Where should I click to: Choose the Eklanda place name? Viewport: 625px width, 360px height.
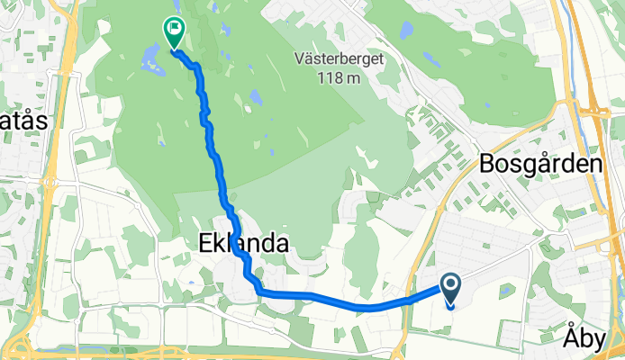pyautogui.click(x=244, y=243)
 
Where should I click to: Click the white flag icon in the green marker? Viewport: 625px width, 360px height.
pyautogui.click(x=173, y=29)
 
